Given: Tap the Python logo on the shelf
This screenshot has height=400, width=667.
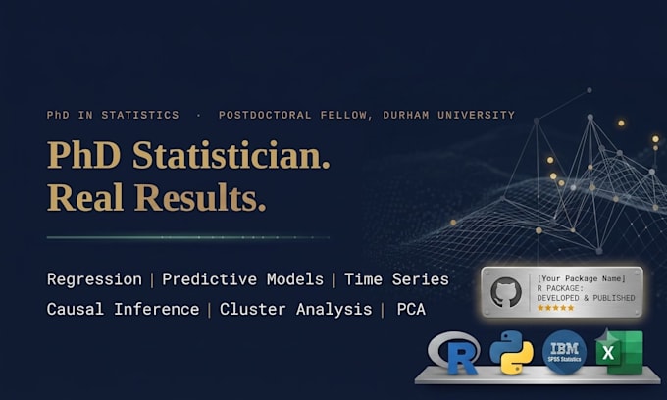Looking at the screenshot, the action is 511,352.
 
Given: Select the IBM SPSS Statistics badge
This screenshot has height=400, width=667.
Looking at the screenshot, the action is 564,352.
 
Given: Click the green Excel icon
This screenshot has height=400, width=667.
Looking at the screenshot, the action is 619,352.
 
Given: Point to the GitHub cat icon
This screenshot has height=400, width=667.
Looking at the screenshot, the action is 506,292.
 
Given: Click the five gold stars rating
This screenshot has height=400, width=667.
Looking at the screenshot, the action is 556,308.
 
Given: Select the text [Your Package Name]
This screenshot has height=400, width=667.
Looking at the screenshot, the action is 581,278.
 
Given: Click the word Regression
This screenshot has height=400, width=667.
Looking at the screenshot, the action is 94,279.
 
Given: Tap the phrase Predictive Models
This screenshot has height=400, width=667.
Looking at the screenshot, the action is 242,279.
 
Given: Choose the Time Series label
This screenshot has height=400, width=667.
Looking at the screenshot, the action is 396,279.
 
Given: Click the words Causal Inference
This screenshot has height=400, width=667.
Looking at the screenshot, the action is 123,309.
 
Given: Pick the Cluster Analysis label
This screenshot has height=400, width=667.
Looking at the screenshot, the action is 295,310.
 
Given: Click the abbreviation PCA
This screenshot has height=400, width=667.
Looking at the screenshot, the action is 411,309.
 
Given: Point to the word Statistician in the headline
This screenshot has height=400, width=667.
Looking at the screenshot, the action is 231,155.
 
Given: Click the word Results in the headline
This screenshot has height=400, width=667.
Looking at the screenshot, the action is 200,197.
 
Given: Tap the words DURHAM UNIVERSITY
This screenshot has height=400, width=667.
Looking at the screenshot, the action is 449,115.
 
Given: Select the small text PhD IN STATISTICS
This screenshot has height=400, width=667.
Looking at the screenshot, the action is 113,115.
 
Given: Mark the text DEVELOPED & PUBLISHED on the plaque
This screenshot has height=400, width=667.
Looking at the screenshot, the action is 586,298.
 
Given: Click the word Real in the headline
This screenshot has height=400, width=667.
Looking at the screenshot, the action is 85,197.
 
